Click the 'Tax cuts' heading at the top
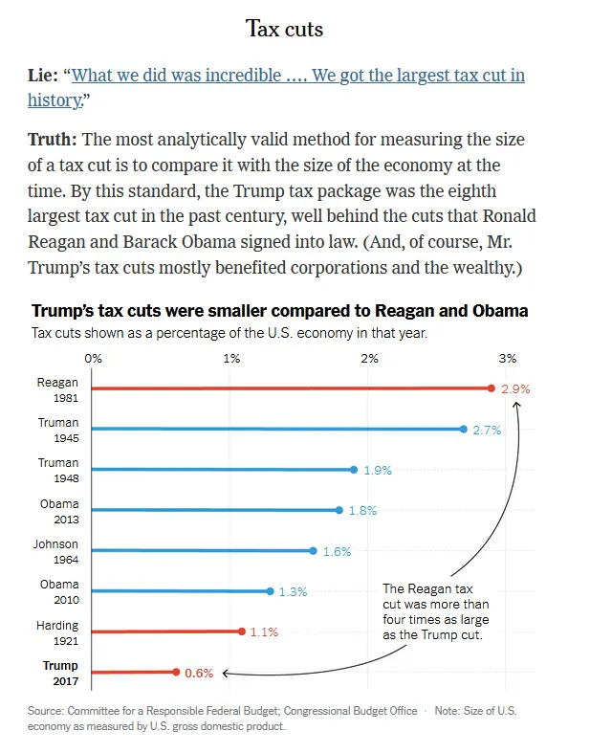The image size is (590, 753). (285, 29)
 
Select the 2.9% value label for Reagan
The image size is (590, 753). (514, 389)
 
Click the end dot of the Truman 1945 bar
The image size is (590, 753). (463, 430)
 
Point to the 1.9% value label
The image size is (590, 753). (377, 470)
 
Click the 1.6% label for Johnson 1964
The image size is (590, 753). (337, 551)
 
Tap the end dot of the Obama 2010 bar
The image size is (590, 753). (270, 591)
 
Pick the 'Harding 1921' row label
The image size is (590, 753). (58, 631)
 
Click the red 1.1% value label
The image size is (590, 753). (264, 631)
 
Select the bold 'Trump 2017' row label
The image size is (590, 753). (60, 673)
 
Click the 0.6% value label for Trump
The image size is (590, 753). (199, 673)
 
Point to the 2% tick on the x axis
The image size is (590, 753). (369, 358)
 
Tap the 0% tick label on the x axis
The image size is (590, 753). (94, 358)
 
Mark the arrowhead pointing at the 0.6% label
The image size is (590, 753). (225, 674)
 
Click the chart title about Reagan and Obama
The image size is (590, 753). (279, 311)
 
